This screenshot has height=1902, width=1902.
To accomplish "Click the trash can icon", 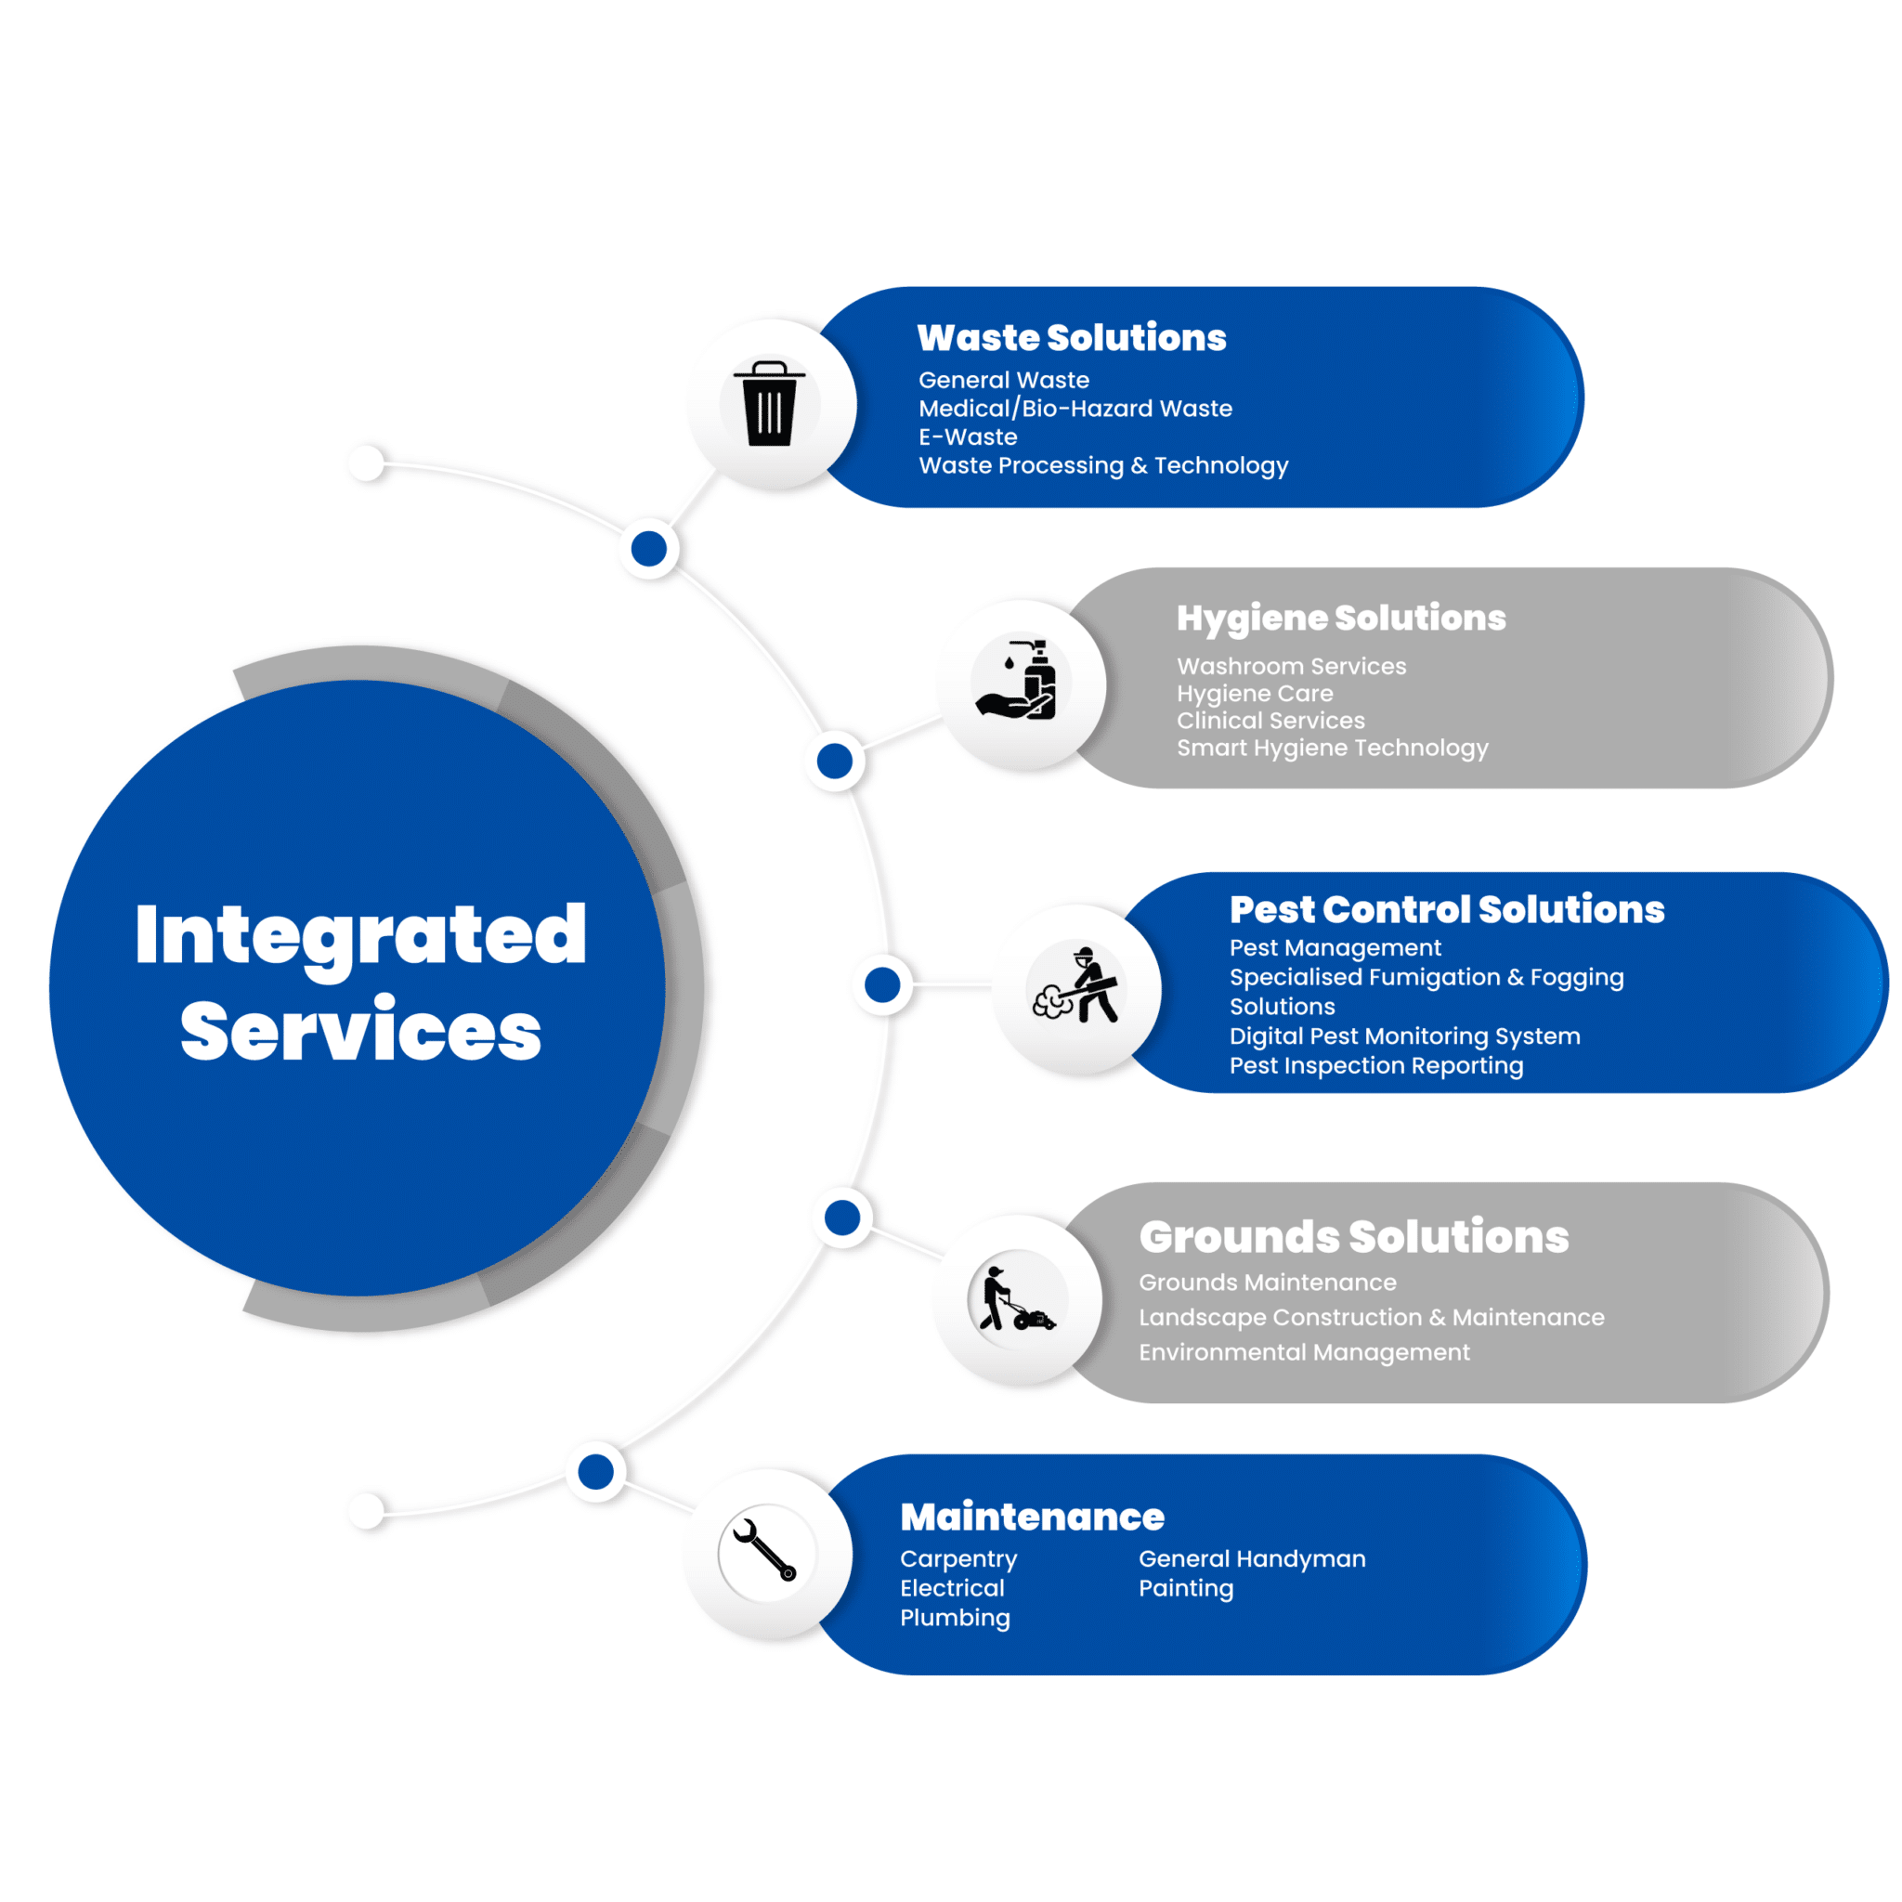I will [769, 404].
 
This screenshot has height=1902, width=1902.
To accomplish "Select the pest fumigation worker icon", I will [1075, 985].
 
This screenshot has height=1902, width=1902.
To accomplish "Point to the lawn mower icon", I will [1017, 1299].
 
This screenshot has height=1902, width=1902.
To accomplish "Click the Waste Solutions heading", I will [1071, 338].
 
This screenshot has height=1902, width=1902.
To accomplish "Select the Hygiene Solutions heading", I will [1341, 619].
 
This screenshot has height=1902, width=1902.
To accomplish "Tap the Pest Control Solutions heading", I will [1446, 908].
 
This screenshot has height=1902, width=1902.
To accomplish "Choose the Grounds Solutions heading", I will [1354, 1236].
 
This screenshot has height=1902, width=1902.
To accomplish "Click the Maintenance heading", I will [1032, 1518].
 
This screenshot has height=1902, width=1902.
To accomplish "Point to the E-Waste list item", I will [968, 437].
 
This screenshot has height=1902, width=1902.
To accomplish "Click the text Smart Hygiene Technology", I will [1332, 749].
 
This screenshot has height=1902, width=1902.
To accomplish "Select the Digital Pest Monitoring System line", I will [1404, 1036].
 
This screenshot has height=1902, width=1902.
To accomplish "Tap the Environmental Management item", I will [1303, 1352].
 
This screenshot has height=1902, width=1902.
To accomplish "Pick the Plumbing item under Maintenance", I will [955, 1618].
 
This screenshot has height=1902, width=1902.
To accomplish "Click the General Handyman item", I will [1251, 1559].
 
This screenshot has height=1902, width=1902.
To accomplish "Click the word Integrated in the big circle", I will [361, 935].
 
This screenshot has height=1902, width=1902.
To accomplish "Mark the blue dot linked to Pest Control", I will [882, 984].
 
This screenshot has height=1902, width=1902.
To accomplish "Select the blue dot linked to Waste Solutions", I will [649, 548].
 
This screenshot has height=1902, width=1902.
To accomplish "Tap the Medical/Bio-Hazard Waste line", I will [1075, 409].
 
